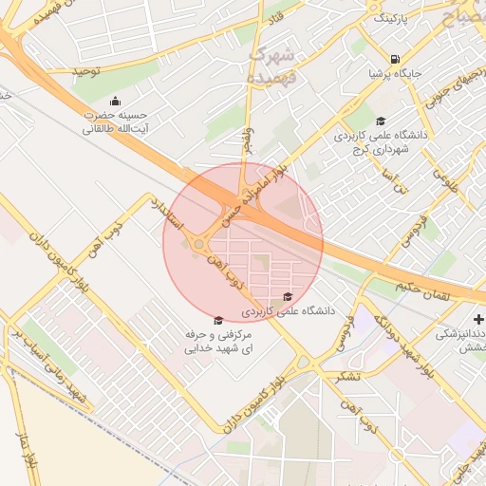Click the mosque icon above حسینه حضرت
coord(116,102)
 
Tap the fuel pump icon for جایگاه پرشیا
coord(394,57)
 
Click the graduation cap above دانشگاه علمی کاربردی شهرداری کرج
coord(381,121)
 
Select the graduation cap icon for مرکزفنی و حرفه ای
coord(219,320)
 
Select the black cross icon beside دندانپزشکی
coord(479,318)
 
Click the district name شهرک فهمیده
coord(271,62)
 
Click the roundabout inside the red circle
coord(199,244)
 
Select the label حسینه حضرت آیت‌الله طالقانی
coord(117,121)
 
